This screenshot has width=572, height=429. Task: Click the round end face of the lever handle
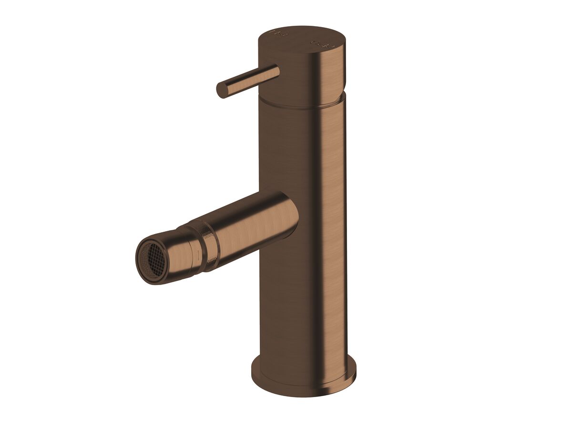coord(222,90)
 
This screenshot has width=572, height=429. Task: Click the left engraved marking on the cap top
coord(276,34)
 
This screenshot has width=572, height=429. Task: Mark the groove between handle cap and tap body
coord(300,102)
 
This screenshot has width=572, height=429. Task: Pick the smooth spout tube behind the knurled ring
coord(248,224)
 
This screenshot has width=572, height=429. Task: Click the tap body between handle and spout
coord(300,148)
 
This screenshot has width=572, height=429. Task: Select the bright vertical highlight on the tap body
coord(334,214)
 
